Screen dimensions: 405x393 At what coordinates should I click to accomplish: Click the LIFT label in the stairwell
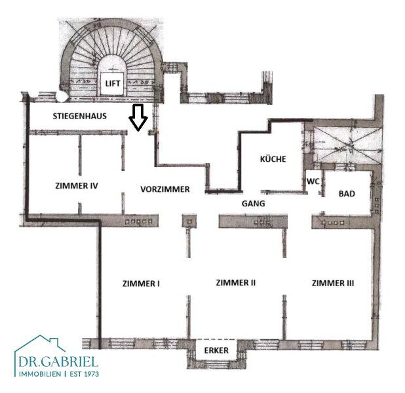pyautogui.click(x=113, y=83)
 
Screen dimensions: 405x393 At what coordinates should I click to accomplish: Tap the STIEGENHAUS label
pyautogui.click(x=79, y=116)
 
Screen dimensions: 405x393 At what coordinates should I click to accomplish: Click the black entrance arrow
pyautogui.click(x=138, y=117)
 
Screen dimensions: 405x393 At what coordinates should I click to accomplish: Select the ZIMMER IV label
pyautogui.click(x=77, y=185)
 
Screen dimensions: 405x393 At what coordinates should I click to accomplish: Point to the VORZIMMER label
pyautogui.click(x=165, y=189)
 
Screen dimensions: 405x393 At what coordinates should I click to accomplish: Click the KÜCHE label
pyautogui.click(x=273, y=159)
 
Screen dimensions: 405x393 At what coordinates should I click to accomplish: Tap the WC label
pyautogui.click(x=313, y=181)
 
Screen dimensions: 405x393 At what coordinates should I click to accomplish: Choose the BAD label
pyautogui.click(x=347, y=194)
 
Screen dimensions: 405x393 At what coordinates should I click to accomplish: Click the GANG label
pyautogui.click(x=253, y=204)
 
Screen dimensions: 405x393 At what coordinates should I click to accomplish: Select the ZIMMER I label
pyautogui.click(x=141, y=284)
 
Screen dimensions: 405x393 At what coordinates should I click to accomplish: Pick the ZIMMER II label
pyautogui.click(x=236, y=282)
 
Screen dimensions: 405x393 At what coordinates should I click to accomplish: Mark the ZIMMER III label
pyautogui.click(x=333, y=283)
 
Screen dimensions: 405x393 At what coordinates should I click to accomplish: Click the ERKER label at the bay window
pyautogui.click(x=216, y=350)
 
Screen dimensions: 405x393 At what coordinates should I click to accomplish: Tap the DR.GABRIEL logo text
pyautogui.click(x=58, y=362)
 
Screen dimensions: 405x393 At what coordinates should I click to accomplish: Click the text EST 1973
pyautogui.click(x=85, y=374)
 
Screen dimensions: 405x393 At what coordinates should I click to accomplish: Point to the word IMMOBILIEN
pyautogui.click(x=40, y=374)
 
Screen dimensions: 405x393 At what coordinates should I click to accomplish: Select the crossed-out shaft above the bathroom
pyautogui.click(x=347, y=145)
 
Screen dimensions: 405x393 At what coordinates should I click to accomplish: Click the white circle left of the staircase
pyautogui.click(x=62, y=96)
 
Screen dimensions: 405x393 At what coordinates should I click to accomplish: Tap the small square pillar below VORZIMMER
pyautogui.click(x=189, y=221)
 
